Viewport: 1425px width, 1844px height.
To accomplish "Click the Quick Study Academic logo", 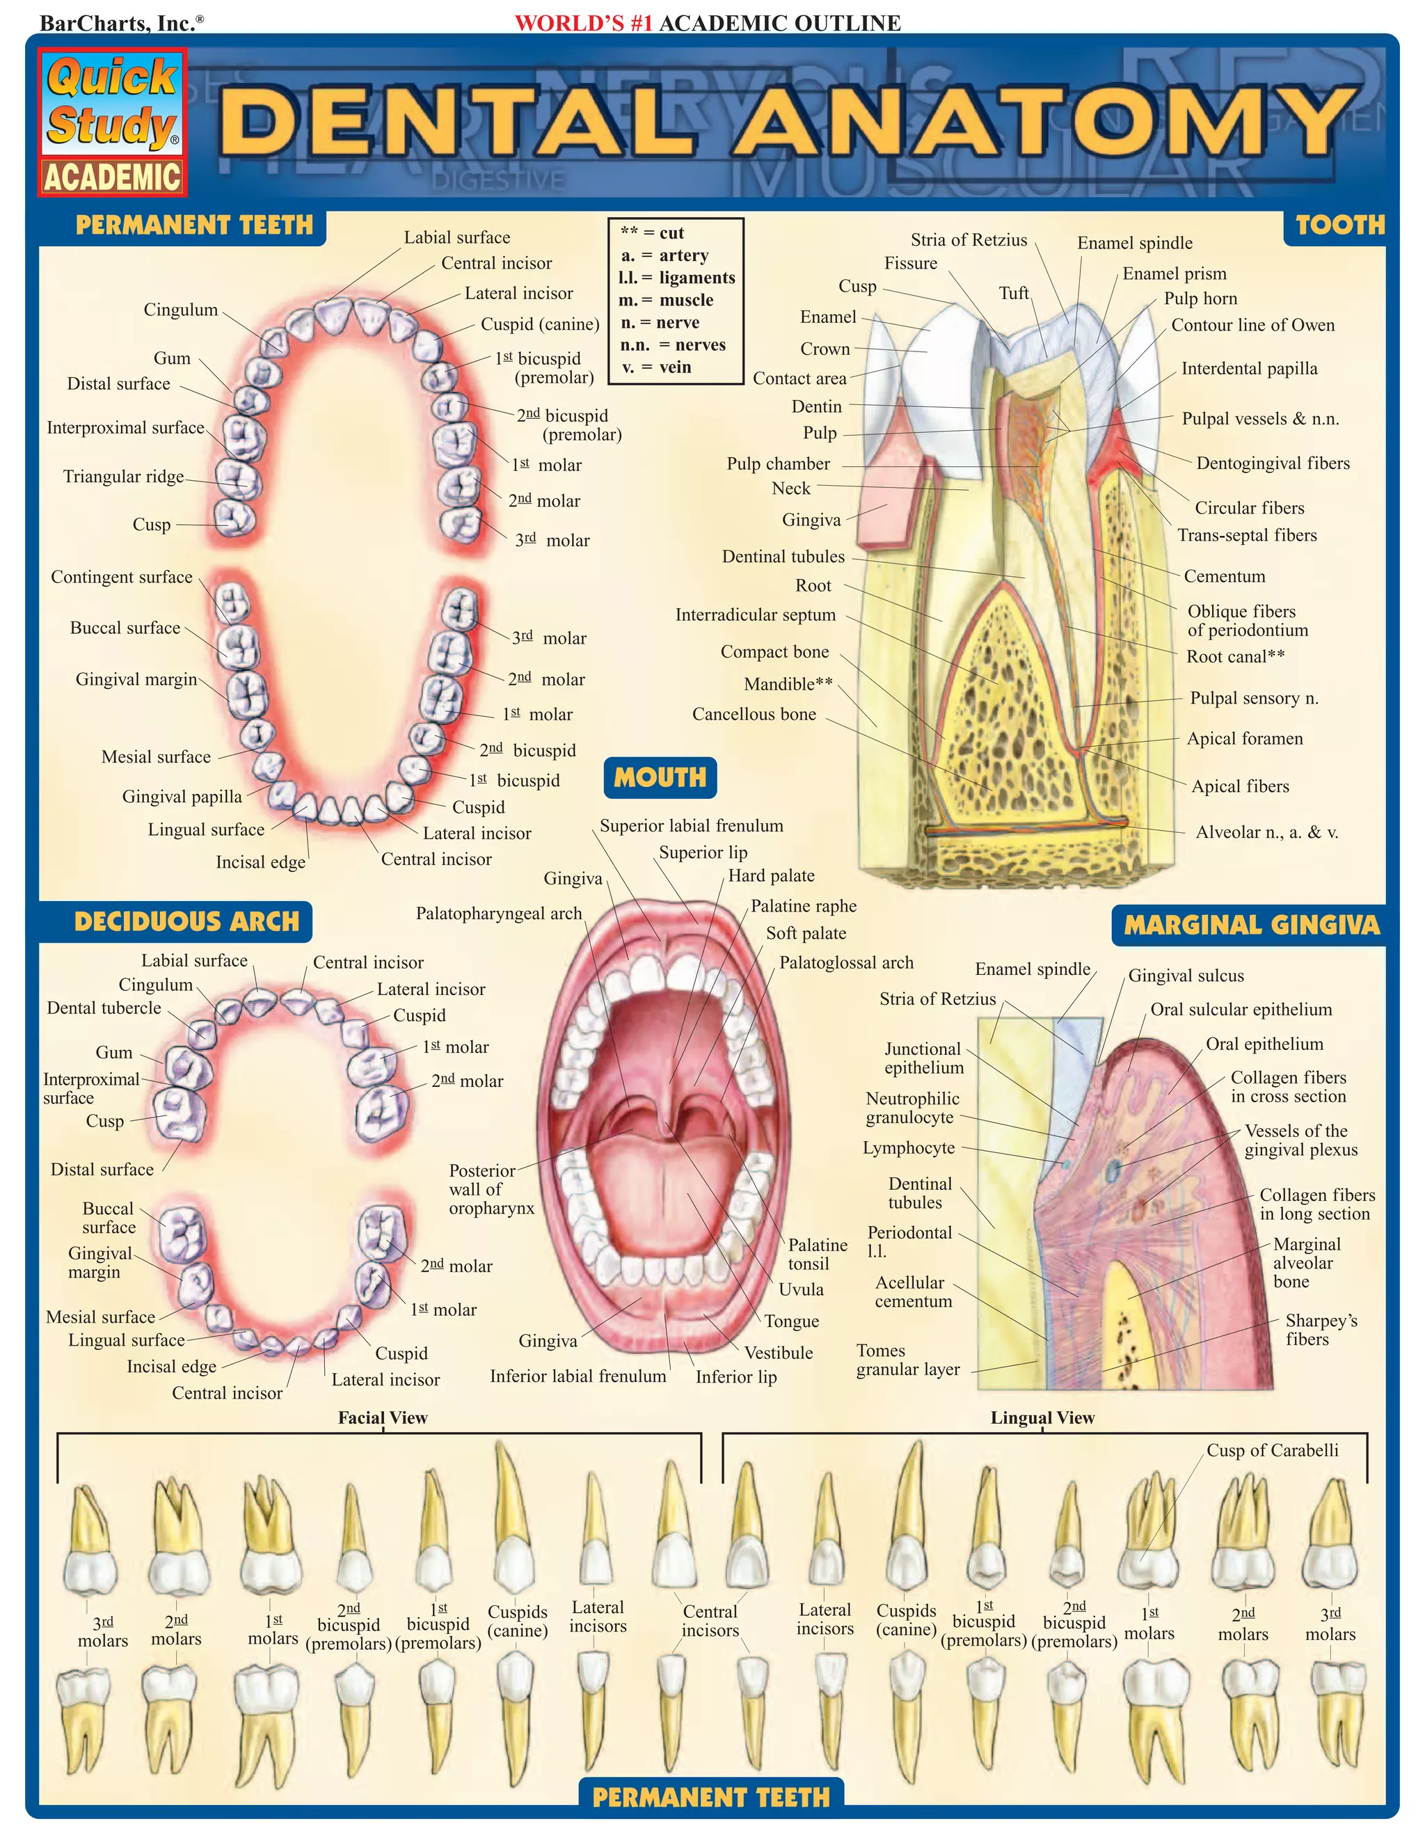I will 112,123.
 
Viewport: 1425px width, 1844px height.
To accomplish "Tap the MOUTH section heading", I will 660,778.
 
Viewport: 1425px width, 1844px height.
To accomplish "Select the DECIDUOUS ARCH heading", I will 186,921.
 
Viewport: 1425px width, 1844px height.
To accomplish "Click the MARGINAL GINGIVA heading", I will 1251,925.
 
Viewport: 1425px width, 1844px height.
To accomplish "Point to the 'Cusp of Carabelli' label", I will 1271,1451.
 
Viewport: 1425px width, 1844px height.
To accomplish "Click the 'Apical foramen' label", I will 1244,739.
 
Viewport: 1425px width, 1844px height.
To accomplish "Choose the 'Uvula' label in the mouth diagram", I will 800,1289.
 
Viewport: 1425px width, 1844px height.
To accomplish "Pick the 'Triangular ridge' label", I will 123,477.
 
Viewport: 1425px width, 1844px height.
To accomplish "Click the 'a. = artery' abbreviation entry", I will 664,255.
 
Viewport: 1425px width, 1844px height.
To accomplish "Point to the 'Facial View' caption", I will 383,1417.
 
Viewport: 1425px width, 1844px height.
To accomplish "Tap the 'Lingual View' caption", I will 1042,1417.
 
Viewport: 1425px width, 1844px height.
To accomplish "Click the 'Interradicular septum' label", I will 755,616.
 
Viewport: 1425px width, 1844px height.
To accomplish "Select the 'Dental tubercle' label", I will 104,1008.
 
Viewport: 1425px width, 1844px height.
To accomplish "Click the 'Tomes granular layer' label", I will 907,1360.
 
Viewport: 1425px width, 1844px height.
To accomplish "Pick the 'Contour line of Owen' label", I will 1252,325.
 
